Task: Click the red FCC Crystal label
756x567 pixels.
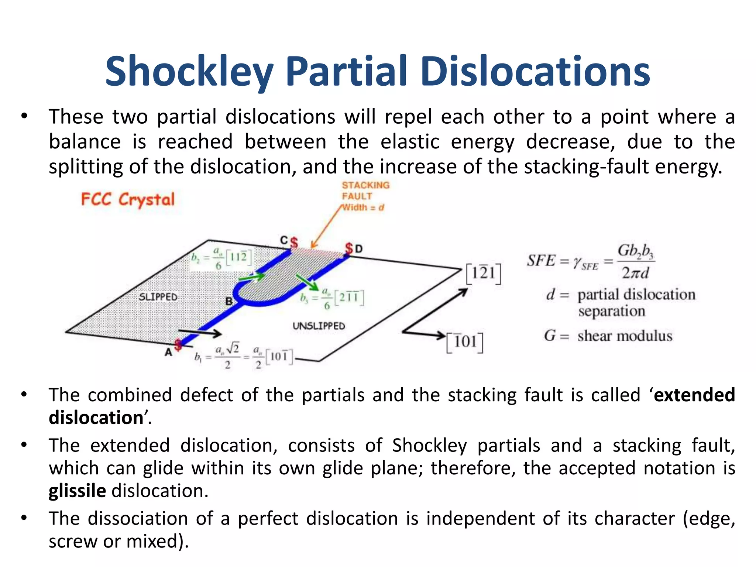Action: [127, 200]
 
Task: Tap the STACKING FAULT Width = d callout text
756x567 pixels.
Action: [365, 196]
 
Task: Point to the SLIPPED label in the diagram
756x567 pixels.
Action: [158, 297]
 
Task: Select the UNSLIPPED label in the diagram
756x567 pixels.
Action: [319, 326]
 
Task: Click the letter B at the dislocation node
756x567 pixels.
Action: [229, 301]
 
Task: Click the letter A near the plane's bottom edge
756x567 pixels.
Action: [168, 352]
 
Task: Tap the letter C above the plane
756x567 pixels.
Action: [283, 240]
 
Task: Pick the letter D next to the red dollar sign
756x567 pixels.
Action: [358, 249]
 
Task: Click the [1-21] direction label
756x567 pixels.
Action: [483, 274]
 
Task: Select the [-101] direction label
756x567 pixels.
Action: [465, 342]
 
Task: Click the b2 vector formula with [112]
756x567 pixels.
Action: [221, 258]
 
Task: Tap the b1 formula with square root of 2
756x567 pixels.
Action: [244, 356]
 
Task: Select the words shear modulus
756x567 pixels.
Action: [625, 336]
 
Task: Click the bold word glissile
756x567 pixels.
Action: [78, 491]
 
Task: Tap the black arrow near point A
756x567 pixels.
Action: [200, 333]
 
